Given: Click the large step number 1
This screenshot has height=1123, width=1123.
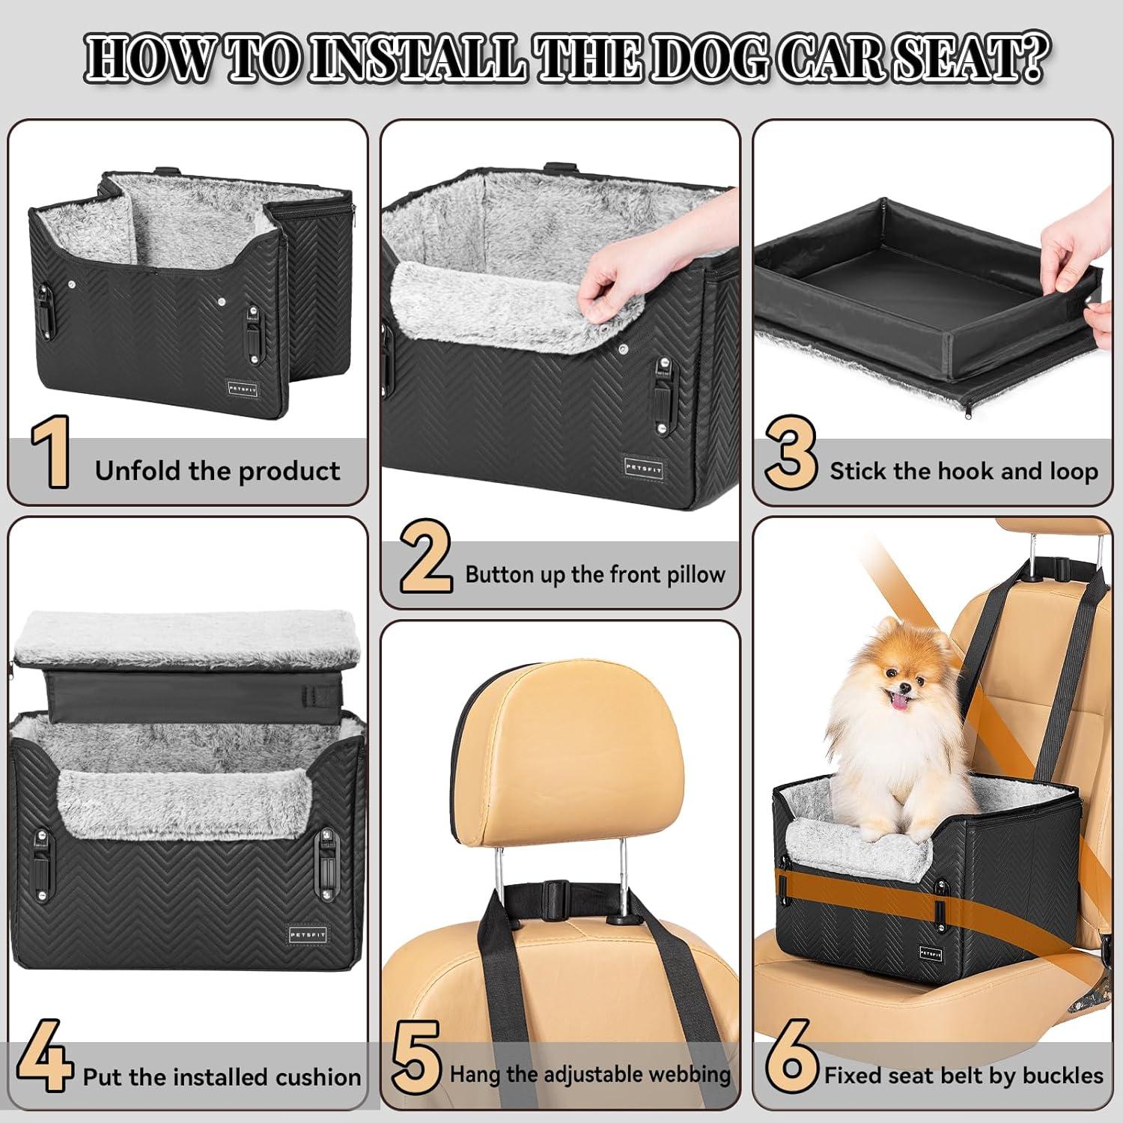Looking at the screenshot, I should [x=51, y=452].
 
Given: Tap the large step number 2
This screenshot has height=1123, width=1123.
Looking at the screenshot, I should [x=425, y=559].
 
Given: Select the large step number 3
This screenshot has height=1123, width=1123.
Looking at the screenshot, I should [x=791, y=454].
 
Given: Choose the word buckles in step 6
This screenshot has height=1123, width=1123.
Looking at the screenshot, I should [x=1062, y=1076].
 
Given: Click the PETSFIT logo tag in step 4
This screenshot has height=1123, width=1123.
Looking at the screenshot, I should [x=308, y=935].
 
